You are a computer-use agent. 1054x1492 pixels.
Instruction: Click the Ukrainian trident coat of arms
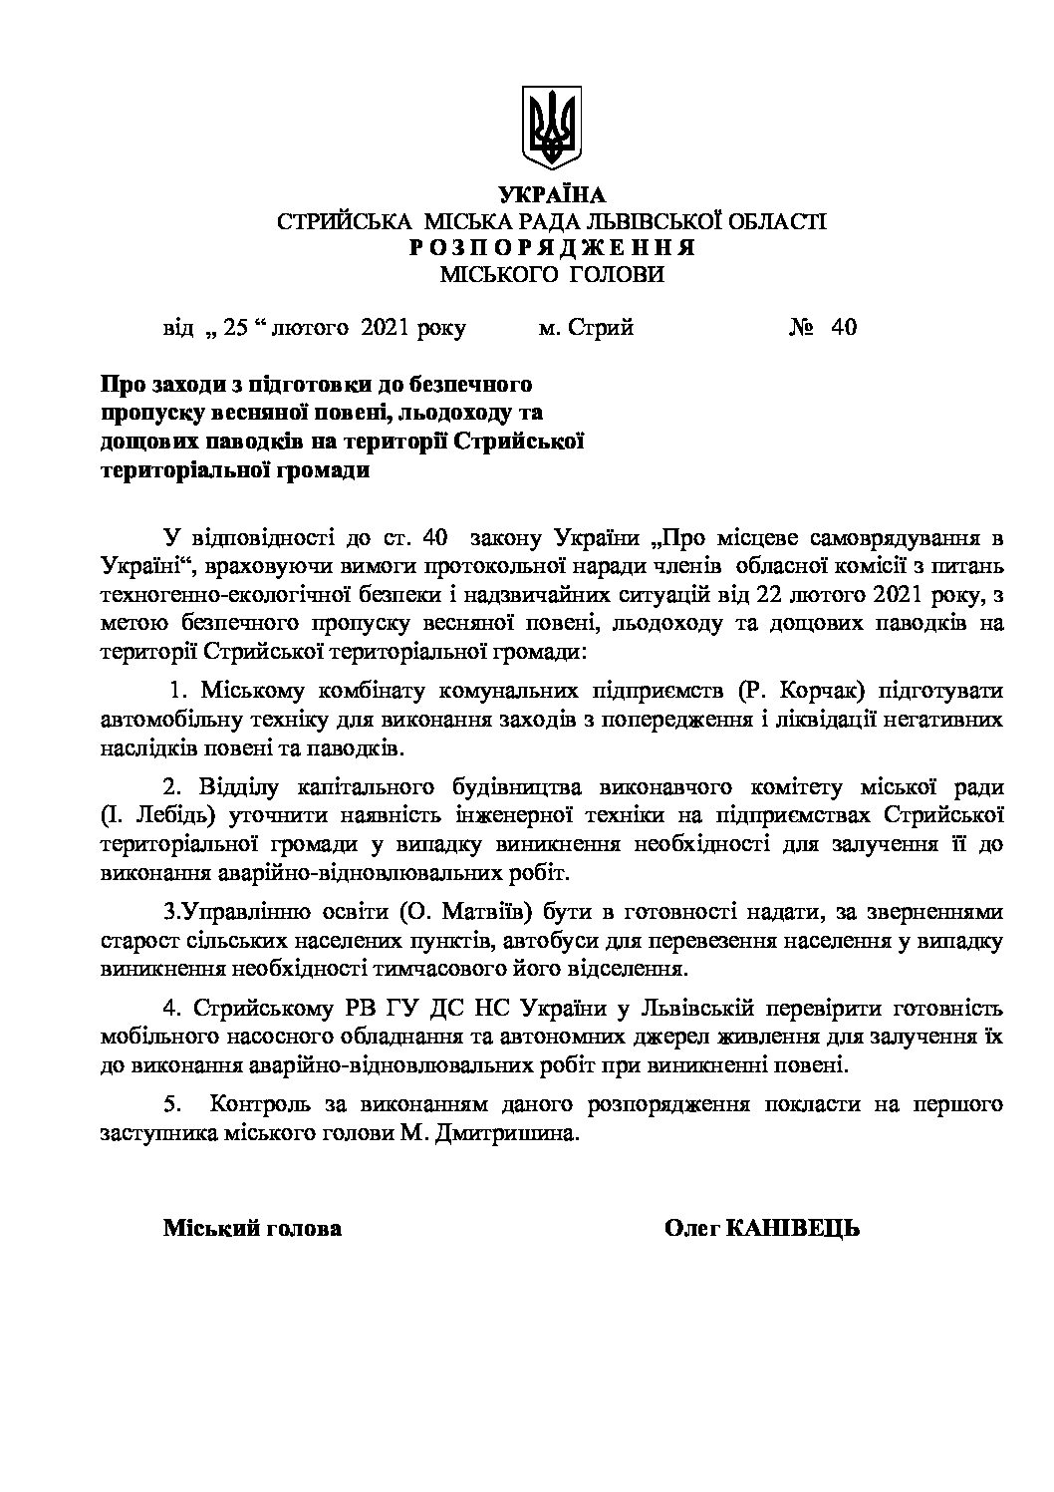[551, 130]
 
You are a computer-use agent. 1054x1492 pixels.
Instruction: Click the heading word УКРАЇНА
[551, 195]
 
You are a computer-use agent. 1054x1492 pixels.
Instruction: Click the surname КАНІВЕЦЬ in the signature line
[793, 1228]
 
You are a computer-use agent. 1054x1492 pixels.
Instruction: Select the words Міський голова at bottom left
[252, 1228]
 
